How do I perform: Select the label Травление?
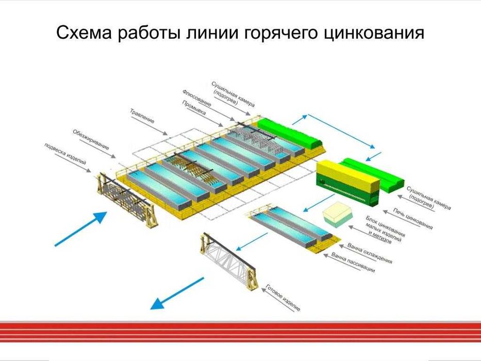[x=142, y=117]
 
